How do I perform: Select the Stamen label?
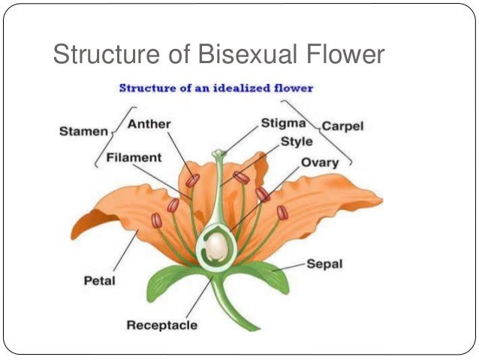point(83,132)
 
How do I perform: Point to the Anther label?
point(149,124)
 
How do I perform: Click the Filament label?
point(134,158)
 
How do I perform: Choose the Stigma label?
point(282,123)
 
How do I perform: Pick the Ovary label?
point(319,162)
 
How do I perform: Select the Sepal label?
point(324,265)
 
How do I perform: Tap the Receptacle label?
point(161,325)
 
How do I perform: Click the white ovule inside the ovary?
point(217,246)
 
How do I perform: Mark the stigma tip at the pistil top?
point(218,155)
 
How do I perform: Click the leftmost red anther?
point(156,220)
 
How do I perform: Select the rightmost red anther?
point(282,213)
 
